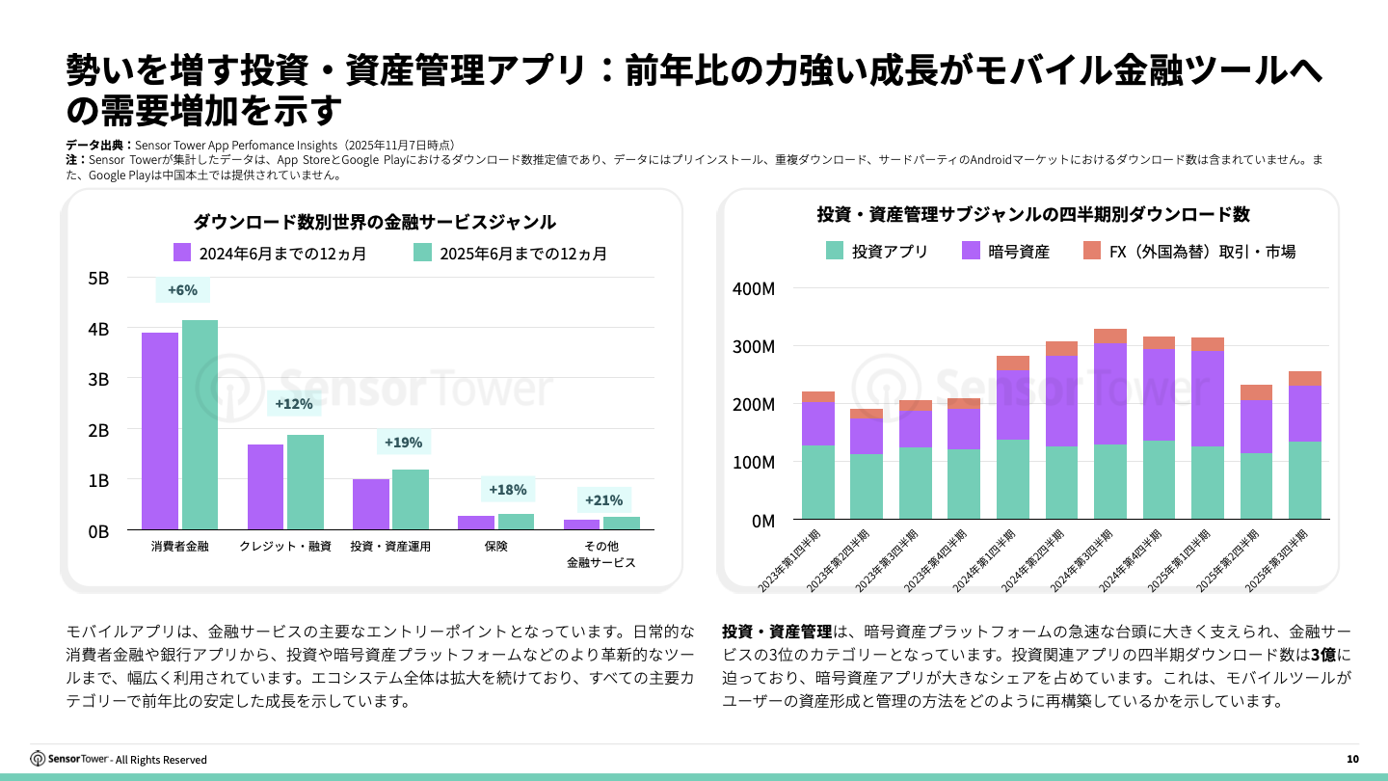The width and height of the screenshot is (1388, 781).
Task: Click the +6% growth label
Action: [x=182, y=290]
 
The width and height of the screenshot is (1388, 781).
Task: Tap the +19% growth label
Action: [x=403, y=443]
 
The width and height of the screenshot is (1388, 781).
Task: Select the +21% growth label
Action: [x=603, y=500]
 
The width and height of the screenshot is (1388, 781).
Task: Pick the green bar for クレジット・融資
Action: [x=306, y=481]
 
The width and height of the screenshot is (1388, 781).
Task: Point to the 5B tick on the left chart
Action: [x=98, y=279]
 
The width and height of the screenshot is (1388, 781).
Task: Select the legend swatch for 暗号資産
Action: [x=972, y=251]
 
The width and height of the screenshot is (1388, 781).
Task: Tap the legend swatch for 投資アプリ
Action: [x=835, y=251]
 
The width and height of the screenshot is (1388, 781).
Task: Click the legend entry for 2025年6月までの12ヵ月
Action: [x=511, y=254]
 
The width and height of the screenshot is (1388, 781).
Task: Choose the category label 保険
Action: [x=495, y=547]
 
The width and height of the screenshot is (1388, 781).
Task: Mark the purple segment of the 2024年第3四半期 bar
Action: [x=1110, y=393]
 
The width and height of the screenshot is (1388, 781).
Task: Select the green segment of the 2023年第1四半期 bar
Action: [x=817, y=482]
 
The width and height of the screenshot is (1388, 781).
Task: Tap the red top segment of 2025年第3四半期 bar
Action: [x=1305, y=378]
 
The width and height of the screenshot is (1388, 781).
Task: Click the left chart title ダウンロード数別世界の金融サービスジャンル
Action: [x=374, y=222]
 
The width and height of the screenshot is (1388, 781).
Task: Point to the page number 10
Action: [x=1352, y=759]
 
